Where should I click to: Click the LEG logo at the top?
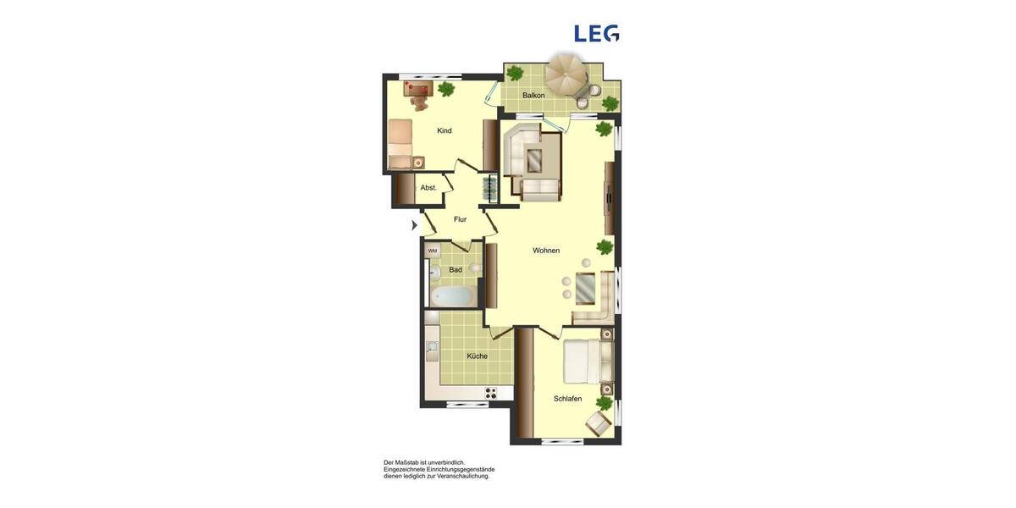tap(597, 33)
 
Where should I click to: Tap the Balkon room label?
tap(533, 96)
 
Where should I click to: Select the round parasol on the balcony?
tap(566, 75)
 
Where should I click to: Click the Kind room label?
tap(444, 130)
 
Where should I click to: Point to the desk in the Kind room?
tap(418, 87)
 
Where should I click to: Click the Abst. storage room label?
tap(428, 188)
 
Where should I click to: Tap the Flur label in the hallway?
tap(460, 219)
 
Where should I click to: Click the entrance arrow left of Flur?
tap(414, 225)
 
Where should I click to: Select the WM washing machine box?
tap(433, 251)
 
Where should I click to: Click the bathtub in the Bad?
tap(451, 296)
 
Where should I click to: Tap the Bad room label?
tap(456, 270)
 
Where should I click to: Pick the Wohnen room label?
tap(546, 251)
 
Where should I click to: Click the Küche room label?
tap(477, 356)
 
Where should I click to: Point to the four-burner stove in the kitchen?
tap(490, 393)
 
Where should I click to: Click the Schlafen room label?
tap(567, 399)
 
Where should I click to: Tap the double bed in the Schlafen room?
tap(588, 362)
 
